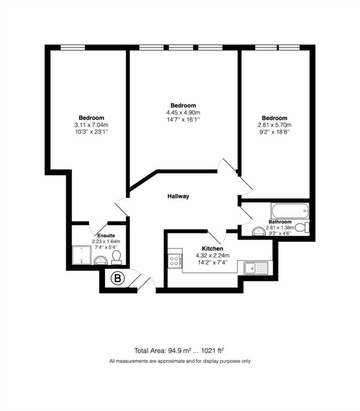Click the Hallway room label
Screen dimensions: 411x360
[x=178, y=196]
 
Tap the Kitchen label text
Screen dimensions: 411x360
[x=212, y=249]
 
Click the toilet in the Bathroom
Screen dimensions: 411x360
[x=302, y=228]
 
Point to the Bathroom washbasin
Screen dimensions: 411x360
[x=258, y=231]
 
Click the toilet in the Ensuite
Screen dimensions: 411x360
[x=116, y=258]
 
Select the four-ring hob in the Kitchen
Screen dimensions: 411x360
[x=175, y=261]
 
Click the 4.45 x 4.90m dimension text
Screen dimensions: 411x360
[x=183, y=112]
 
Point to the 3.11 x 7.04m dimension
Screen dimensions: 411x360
[x=91, y=125]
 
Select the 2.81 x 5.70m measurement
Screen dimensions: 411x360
[x=274, y=125]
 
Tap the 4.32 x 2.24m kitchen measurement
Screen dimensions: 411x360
[x=212, y=256]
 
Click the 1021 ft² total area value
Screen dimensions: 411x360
[x=212, y=351]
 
